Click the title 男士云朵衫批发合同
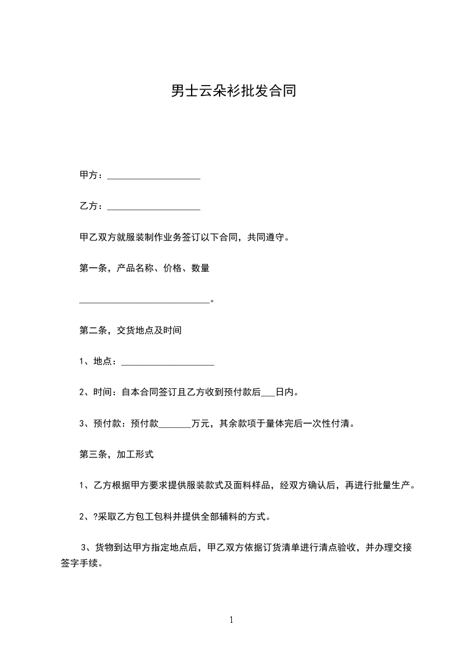(x=233, y=91)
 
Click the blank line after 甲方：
(x=154, y=176)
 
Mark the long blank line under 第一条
(x=144, y=301)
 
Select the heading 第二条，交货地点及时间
(x=131, y=330)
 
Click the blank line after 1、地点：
(x=168, y=363)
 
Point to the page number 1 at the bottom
(x=231, y=620)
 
